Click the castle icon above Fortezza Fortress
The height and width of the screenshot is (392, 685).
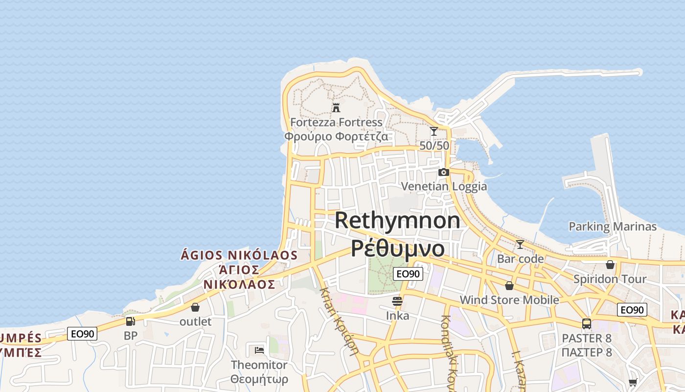(336, 107)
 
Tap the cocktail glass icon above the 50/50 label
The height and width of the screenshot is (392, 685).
(434, 131)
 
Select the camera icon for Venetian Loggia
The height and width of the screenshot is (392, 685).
(444, 172)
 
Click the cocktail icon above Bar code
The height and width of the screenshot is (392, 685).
(520, 244)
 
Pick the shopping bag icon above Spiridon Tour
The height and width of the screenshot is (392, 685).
(610, 265)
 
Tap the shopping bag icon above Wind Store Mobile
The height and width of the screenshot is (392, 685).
(509, 286)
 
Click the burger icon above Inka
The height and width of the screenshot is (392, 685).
(397, 301)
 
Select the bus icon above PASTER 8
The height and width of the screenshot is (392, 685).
(587, 323)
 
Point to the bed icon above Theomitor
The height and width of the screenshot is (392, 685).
(259, 350)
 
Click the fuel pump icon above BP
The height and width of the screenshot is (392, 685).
(131, 321)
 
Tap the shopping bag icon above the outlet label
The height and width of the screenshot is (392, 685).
(195, 307)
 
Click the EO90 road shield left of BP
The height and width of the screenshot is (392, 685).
(82, 334)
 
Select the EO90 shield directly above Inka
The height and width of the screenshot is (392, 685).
(408, 274)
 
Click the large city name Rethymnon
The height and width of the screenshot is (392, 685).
(397, 220)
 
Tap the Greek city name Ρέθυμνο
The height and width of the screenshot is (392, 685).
(397, 248)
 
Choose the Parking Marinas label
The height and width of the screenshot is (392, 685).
(613, 226)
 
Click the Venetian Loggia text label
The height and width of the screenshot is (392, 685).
(444, 186)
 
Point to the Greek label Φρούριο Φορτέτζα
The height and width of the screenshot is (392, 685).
(336, 136)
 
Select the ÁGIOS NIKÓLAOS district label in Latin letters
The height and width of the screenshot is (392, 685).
(239, 255)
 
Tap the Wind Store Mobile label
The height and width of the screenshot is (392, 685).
(509, 300)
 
